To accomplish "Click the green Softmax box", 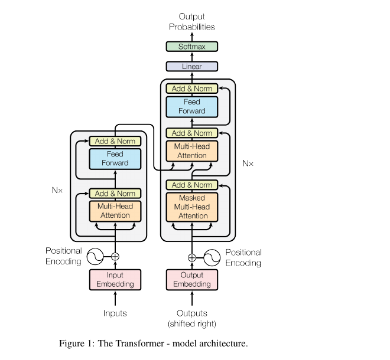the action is pos(192,47).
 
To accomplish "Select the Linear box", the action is pos(192,66).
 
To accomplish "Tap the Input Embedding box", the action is pos(115,280).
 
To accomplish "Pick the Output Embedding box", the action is pos(192,280).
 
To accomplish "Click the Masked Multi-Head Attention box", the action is pos(192,207).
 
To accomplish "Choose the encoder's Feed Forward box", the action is pos(115,159).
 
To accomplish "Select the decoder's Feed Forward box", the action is pos(192,107).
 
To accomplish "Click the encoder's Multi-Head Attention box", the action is pos(115,211).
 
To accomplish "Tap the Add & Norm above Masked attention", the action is pos(192,185).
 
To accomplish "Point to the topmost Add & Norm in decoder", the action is pos(192,89).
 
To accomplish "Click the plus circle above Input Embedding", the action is pos(115,256).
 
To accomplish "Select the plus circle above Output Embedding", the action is pos(192,258).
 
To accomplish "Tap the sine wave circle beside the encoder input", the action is pos(95,256).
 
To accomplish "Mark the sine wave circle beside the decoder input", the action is pos(212,258).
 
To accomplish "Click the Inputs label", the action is pos(115,313).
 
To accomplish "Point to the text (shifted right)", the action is pos(192,324).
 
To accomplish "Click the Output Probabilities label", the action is pos(192,22).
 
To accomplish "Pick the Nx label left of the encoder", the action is pos(57,190).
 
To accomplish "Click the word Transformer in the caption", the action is pos(140,343).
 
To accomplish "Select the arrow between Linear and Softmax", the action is pos(192,57).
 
